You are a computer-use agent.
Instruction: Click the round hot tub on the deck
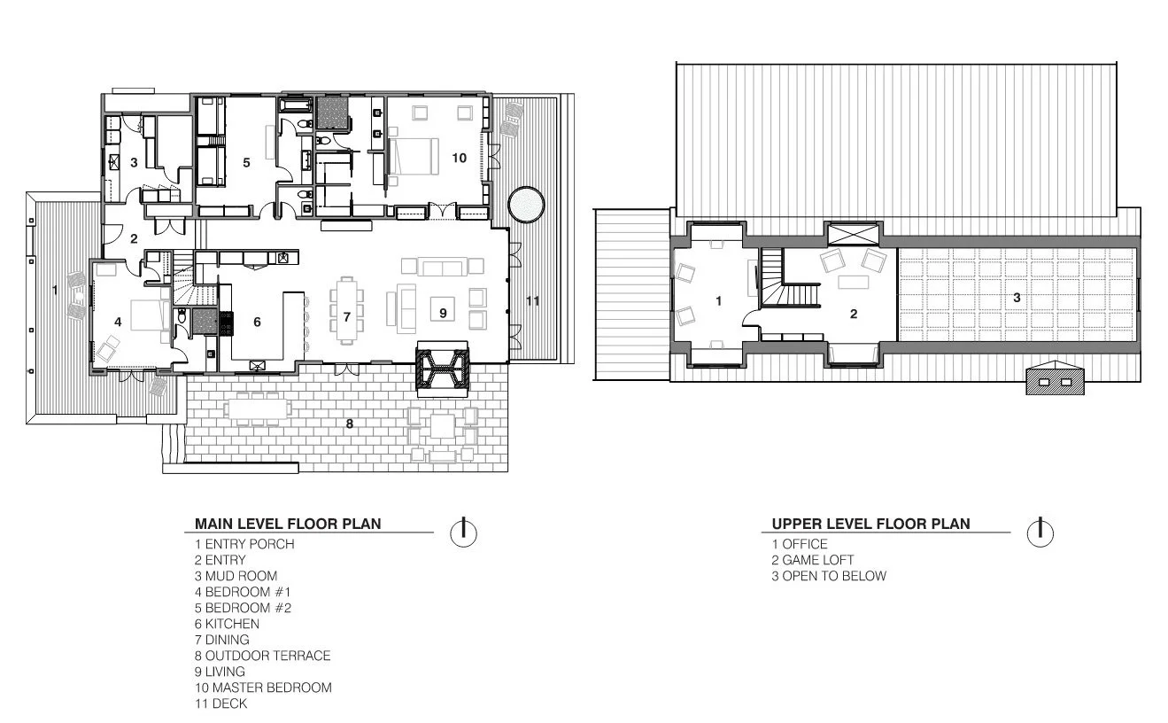[526, 205]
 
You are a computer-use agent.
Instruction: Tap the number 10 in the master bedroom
[459, 158]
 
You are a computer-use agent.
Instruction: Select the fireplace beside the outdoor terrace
[442, 369]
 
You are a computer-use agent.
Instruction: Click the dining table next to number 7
[347, 311]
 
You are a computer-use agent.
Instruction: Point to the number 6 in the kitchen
[257, 322]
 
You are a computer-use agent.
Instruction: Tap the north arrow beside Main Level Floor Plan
[463, 533]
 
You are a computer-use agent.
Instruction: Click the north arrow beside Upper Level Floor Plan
[1040, 533]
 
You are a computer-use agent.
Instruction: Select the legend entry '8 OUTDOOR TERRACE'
[263, 656]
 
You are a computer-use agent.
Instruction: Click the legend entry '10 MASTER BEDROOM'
[263, 688]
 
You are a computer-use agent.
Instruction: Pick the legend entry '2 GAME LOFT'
[813, 560]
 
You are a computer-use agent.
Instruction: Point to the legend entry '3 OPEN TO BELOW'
[829, 576]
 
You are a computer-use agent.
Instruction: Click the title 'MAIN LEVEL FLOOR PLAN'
[288, 524]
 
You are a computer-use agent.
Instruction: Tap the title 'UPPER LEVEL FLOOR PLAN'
[870, 524]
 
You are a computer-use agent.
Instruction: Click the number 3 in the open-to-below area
[1017, 298]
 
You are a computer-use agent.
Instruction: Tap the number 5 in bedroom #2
[247, 163]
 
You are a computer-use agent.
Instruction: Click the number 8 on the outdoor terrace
[350, 424]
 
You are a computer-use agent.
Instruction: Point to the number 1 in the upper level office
[718, 300]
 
